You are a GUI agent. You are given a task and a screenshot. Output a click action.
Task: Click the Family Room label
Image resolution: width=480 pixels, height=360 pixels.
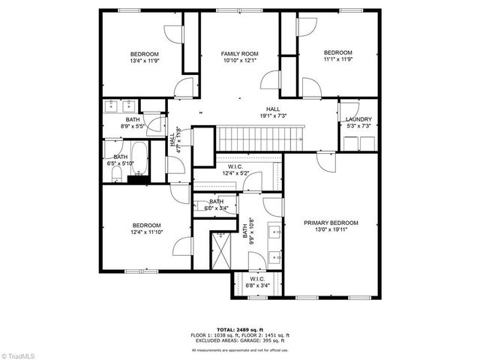pyautogui.click(x=239, y=54)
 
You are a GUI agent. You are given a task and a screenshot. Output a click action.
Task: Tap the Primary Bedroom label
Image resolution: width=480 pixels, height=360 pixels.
pyautogui.click(x=331, y=223)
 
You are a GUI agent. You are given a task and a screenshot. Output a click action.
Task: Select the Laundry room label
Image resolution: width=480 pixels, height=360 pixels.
pyautogui.click(x=358, y=119)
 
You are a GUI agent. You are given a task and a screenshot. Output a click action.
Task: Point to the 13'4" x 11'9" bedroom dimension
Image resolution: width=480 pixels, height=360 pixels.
pyautogui.click(x=145, y=61)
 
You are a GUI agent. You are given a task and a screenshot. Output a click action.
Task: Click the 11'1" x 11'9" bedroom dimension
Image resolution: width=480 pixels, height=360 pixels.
pyautogui.click(x=337, y=59)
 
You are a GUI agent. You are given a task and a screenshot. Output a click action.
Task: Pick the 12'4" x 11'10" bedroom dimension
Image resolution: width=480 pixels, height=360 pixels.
pyautogui.click(x=147, y=232)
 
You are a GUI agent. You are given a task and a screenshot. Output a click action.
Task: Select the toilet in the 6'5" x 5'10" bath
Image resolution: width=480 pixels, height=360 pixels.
pyautogui.click(x=116, y=174)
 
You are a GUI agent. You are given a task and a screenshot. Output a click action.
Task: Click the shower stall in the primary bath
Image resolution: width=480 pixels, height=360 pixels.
pyautogui.click(x=223, y=249)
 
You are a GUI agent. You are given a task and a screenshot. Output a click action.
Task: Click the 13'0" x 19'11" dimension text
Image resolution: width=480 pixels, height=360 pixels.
pyautogui.click(x=331, y=229)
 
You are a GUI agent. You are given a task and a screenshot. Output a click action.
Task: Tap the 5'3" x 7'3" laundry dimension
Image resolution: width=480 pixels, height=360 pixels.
pyautogui.click(x=358, y=126)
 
